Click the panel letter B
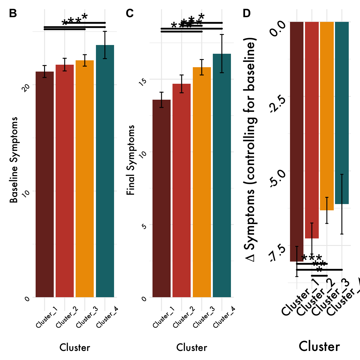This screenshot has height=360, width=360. click(x=13, y=13)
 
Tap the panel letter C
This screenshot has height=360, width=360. click(x=130, y=13)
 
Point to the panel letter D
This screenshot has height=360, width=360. click(x=247, y=13)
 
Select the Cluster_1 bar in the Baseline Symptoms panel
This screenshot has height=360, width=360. click(x=45, y=184)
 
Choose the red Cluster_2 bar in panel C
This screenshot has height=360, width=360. click(x=182, y=190)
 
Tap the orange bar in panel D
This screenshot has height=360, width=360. click(x=327, y=116)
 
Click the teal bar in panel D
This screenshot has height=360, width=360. click(x=342, y=112)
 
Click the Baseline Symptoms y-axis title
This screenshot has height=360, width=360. click(x=13, y=160)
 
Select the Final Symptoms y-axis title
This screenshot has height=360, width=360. click(x=131, y=160)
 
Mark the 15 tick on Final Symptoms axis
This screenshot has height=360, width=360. click(x=143, y=82)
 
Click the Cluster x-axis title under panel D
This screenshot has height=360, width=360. click(x=319, y=347)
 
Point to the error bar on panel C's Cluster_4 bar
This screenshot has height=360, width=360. click(x=222, y=53)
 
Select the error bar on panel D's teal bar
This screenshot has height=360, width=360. click(x=342, y=204)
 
